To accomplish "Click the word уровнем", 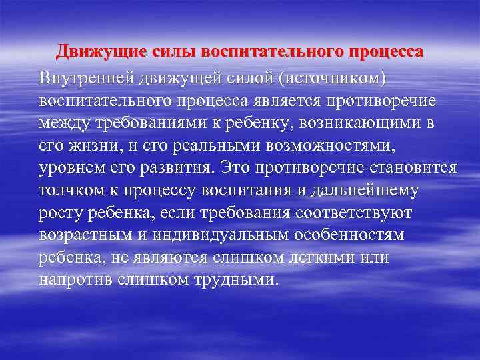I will pyautogui.click(x=69, y=165).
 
